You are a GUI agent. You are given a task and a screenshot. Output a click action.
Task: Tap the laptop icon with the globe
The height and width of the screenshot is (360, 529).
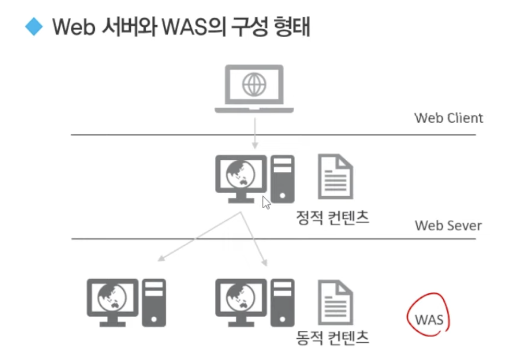pyautogui.click(x=254, y=89)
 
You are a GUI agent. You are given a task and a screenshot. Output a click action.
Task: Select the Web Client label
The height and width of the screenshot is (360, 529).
pyautogui.click(x=448, y=118)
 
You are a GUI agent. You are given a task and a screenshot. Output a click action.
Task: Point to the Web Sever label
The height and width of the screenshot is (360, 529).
pyautogui.click(x=448, y=225)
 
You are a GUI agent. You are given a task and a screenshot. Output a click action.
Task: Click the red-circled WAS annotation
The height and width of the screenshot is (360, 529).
pyautogui.click(x=429, y=318)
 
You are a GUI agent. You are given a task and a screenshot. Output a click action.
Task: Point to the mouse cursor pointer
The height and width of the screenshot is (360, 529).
pyautogui.click(x=266, y=202)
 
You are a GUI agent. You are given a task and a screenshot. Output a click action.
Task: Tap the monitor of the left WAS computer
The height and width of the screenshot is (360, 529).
pyautogui.click(x=112, y=298)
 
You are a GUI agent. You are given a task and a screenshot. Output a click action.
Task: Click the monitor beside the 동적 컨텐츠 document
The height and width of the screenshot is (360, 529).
pyautogui.click(x=241, y=298)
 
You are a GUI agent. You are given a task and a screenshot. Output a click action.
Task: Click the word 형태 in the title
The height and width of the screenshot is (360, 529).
pyautogui.click(x=289, y=27)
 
